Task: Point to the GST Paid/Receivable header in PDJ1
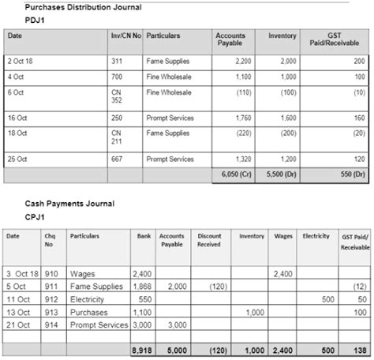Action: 345,39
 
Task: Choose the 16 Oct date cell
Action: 17,118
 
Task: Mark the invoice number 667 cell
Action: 117,159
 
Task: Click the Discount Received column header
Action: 209,240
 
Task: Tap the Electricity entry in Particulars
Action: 88,299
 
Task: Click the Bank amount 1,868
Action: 143,287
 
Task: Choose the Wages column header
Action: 282,236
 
